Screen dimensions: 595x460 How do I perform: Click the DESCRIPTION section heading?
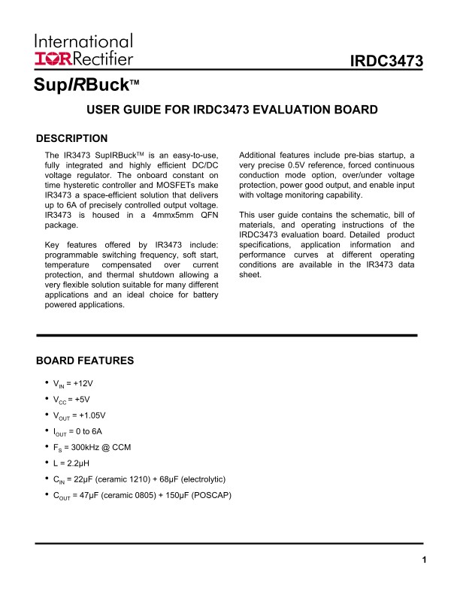(72, 138)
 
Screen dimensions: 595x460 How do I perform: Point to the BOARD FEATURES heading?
(85, 361)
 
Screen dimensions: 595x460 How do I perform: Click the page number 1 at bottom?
(424, 560)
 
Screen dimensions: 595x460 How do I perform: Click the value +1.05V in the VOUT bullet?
(92, 415)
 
